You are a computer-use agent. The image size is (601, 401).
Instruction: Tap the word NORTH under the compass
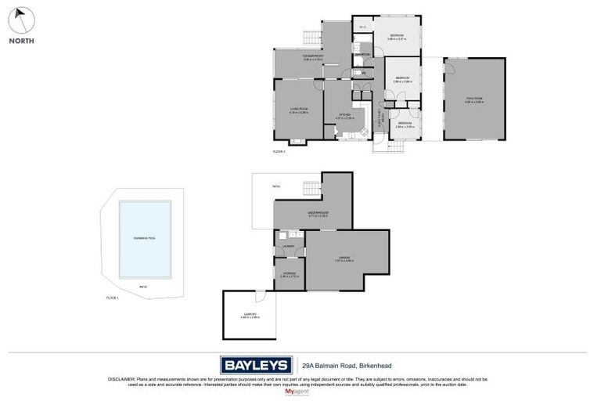click(21, 41)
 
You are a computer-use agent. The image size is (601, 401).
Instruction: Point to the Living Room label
click(298, 110)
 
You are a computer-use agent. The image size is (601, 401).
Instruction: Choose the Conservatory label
click(315, 56)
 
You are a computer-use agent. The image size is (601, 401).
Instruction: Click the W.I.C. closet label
click(362, 27)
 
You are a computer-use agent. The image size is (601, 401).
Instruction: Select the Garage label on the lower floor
click(344, 258)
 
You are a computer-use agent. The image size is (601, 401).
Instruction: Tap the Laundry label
click(289, 247)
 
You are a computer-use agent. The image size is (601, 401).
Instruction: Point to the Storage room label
click(289, 273)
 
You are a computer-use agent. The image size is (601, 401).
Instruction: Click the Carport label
click(249, 315)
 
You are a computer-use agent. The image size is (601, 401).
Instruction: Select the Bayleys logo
click(255, 365)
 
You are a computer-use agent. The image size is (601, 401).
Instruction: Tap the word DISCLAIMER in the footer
click(122, 379)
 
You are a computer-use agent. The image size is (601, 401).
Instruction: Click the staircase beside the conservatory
click(311, 38)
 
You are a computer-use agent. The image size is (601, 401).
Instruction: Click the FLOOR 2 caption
click(279, 150)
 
